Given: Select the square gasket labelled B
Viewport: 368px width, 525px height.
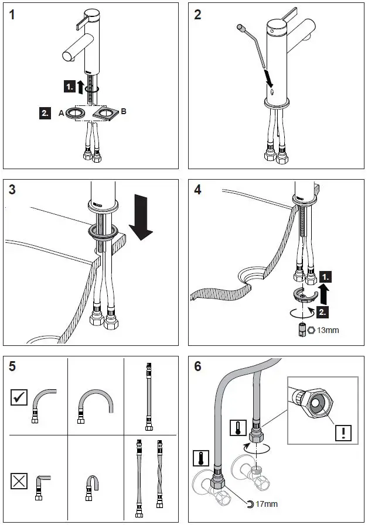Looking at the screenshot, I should pos(110,112).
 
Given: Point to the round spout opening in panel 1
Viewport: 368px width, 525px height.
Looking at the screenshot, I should pos(67,56).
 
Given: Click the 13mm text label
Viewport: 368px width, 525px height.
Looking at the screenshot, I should pos(328,330).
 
